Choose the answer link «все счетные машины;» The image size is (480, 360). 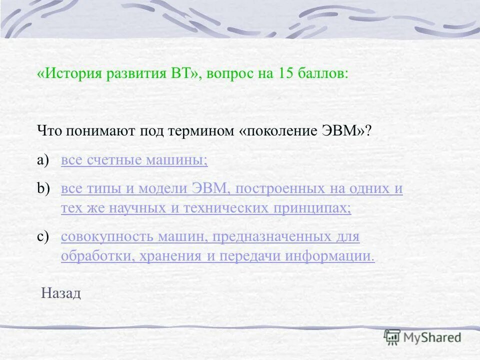click(x=134, y=160)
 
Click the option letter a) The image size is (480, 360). click(x=44, y=160)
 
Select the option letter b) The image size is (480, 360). click(x=44, y=188)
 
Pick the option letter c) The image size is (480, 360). click(x=44, y=236)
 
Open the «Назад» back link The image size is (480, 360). click(x=60, y=293)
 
